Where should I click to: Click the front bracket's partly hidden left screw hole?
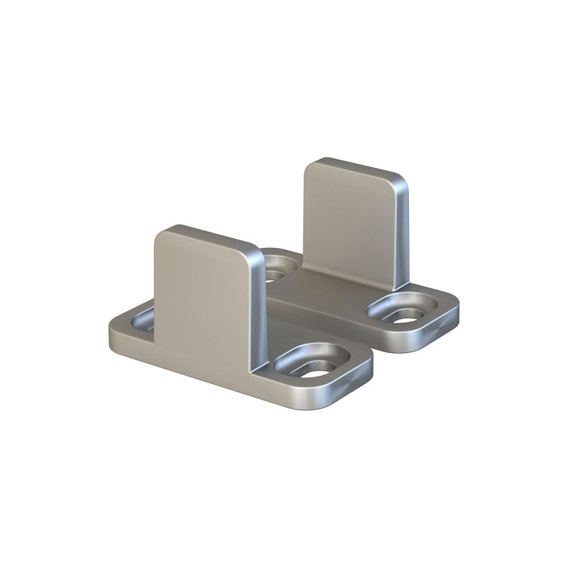144,320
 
